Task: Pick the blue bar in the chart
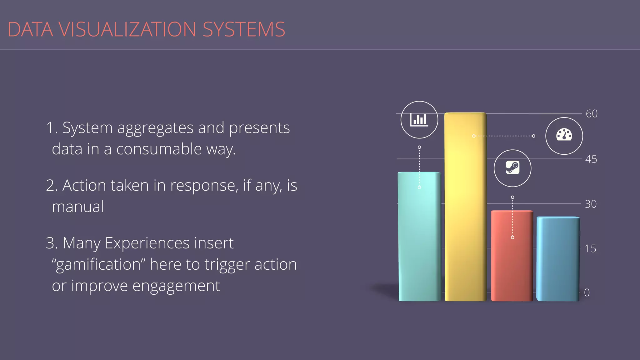pyautogui.click(x=558, y=259)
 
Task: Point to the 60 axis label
pyautogui.click(x=591, y=114)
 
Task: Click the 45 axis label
pyautogui.click(x=591, y=159)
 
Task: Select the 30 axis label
pyautogui.click(x=591, y=204)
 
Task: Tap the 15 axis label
pyautogui.click(x=590, y=249)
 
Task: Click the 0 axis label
pyautogui.click(x=587, y=293)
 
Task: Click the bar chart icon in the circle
pyautogui.click(x=419, y=120)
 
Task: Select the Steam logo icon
pyautogui.click(x=512, y=168)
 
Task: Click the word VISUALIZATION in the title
pyautogui.click(x=127, y=29)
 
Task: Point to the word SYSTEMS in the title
pyautogui.click(x=244, y=29)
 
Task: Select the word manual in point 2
pyautogui.click(x=78, y=207)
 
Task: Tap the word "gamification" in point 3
pyautogui.click(x=99, y=265)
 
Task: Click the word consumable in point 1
pyautogui.click(x=159, y=149)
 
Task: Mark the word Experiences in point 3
pyautogui.click(x=147, y=243)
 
